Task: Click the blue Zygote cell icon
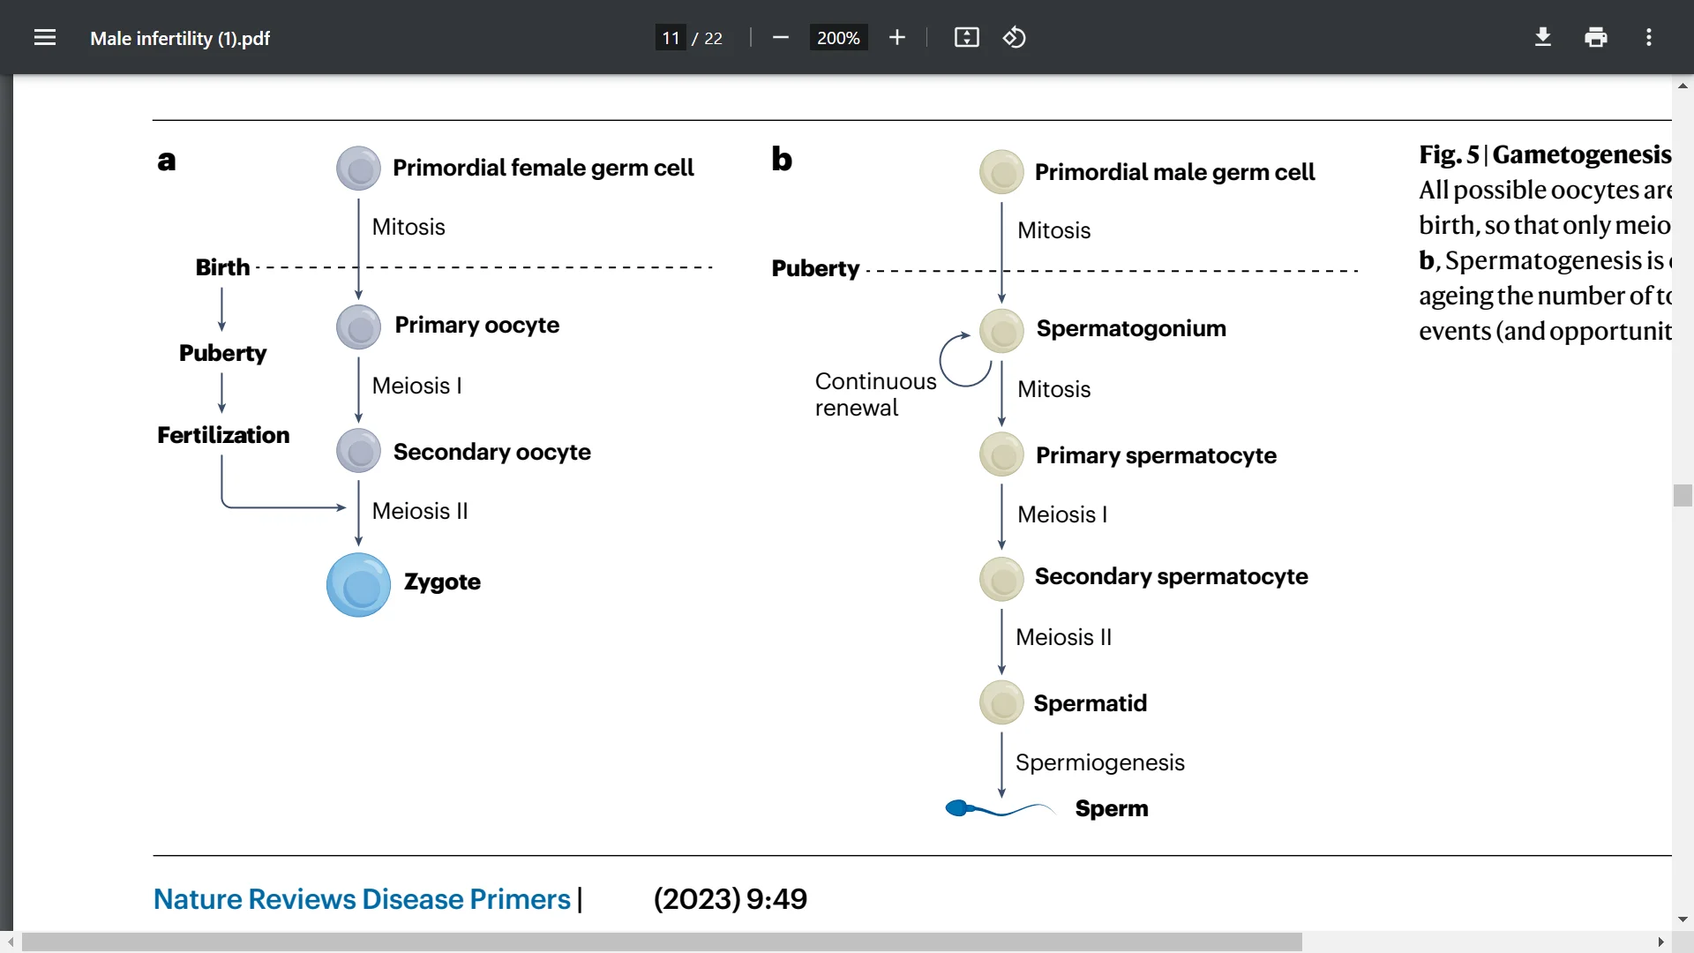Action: [x=358, y=585]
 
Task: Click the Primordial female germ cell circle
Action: [x=358, y=169]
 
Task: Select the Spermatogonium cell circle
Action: [x=1001, y=331]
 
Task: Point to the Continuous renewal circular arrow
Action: [x=964, y=360]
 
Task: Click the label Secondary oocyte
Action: [x=491, y=452]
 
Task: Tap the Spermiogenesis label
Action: [x=1099, y=762]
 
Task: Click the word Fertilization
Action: [x=223, y=435]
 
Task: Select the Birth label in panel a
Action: [x=222, y=267]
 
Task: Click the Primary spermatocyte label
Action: [x=1156, y=455]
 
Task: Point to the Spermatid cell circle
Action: [x=1001, y=703]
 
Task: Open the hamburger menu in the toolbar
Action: [x=45, y=38]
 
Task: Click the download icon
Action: [x=1543, y=38]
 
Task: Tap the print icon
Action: [x=1596, y=38]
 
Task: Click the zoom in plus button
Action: [x=897, y=38]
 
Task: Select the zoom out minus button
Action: [x=780, y=38]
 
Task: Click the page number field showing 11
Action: [x=671, y=38]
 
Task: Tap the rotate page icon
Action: [x=1014, y=38]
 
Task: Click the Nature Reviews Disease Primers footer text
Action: [x=362, y=899]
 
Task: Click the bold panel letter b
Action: [x=782, y=160]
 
